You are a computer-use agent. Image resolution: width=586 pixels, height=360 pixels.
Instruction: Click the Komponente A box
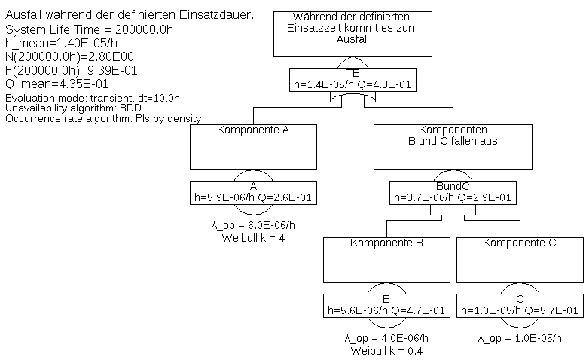254,147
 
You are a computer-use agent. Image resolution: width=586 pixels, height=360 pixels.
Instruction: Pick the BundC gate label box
453,193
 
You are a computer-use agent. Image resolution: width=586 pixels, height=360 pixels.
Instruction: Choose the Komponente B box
387,259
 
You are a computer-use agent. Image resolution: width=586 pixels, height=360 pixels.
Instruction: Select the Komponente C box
519,259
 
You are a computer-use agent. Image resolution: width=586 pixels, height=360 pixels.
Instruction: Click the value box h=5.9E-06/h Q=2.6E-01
254,193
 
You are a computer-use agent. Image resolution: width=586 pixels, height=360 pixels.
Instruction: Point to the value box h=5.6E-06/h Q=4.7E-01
387,304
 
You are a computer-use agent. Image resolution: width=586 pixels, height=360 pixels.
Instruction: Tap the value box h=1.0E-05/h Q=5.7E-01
519,304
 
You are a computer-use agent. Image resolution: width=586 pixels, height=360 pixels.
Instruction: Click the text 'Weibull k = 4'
253,238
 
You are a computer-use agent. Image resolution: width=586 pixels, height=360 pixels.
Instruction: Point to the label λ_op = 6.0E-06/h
253,226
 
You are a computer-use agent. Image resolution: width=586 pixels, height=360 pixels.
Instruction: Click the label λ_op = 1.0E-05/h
519,338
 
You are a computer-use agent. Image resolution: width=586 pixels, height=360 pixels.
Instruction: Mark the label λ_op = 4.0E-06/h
387,338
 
